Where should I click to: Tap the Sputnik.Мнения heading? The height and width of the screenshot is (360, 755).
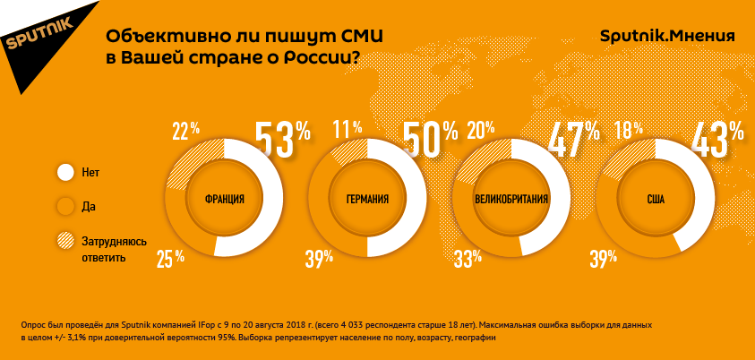tap(666, 36)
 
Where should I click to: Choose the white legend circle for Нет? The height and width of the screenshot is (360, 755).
tap(65, 172)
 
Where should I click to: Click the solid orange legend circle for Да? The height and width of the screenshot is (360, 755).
tap(65, 206)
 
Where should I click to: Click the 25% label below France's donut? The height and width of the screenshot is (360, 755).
tap(170, 259)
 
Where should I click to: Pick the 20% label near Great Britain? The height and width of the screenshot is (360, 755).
tap(480, 131)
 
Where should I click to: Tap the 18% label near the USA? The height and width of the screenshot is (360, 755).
tap(628, 130)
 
